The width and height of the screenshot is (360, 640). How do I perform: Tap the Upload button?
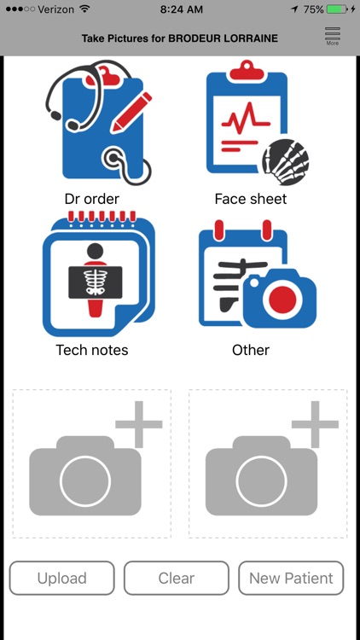62,578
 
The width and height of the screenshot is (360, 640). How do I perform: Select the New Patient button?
291,578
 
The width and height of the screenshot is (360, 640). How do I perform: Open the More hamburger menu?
332,36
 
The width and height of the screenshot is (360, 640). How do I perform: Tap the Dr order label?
92,199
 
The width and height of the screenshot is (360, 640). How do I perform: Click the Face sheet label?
251,199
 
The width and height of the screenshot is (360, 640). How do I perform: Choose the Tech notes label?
92,350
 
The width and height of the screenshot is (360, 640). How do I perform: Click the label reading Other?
251,350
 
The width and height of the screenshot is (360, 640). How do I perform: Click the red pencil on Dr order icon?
131,113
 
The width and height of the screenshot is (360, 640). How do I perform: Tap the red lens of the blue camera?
282,300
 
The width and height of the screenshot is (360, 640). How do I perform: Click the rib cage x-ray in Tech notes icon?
95,282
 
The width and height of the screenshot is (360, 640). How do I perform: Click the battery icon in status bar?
337,9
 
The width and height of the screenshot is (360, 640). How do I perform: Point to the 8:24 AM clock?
181,9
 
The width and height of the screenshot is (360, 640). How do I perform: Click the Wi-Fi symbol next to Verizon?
84,9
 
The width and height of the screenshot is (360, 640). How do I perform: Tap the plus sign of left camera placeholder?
139,424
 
